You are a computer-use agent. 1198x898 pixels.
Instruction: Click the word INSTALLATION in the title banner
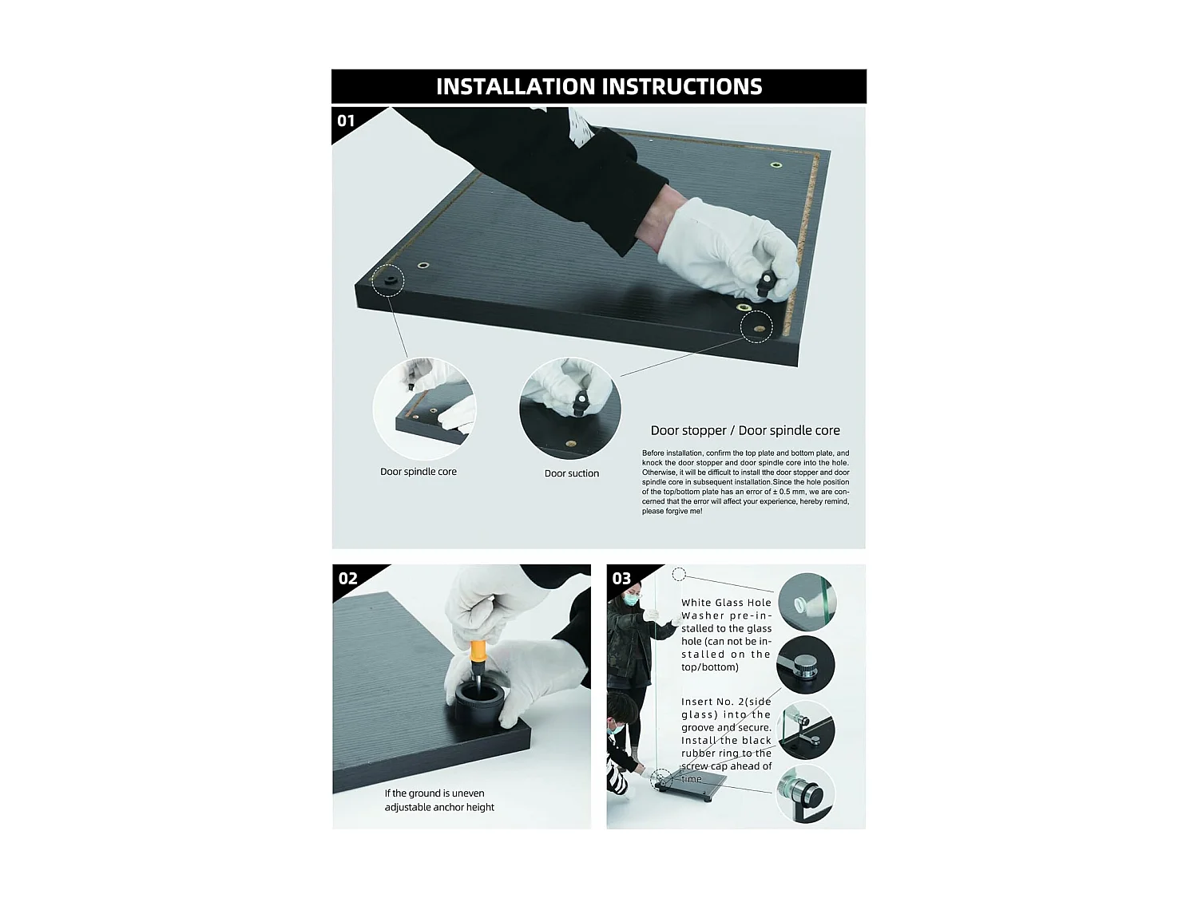515,87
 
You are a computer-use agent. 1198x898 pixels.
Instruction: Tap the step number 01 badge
346,121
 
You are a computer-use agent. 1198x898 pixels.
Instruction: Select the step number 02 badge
347,578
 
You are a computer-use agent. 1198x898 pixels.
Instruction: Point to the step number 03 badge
621,578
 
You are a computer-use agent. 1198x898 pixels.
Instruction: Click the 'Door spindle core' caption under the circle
418,472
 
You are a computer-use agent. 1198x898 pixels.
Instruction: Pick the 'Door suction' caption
571,473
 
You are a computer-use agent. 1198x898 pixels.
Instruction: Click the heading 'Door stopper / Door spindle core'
745,430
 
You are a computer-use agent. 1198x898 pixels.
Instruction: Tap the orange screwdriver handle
478,653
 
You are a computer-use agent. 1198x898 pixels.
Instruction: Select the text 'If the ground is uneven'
434,793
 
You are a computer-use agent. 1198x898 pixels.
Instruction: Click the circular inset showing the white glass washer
807,602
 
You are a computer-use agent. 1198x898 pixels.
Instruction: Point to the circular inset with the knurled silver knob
806,665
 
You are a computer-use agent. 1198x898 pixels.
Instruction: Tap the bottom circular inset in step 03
806,793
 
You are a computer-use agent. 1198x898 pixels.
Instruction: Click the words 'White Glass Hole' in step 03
726,603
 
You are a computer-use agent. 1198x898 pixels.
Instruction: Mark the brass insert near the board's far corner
776,164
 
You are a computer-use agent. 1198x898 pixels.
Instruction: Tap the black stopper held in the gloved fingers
766,284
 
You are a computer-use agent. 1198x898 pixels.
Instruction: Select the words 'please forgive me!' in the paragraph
672,512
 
